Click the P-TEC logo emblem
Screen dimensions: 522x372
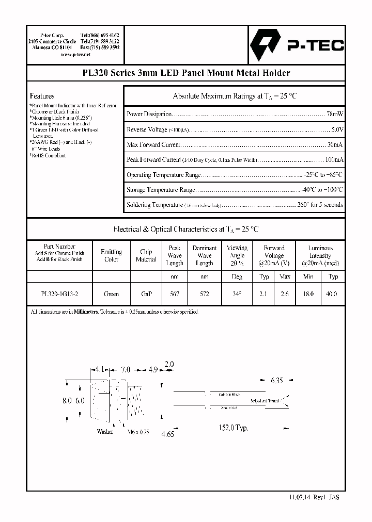[x=264, y=45]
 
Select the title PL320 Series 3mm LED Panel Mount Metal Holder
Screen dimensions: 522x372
[x=185, y=73]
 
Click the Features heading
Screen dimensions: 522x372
[x=42, y=96]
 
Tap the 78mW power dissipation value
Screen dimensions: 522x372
[x=335, y=113]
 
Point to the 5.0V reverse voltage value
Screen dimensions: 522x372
[x=337, y=129]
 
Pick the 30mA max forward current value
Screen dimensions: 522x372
[x=335, y=144]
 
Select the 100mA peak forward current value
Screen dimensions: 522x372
[x=333, y=159]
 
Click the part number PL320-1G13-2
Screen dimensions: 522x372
[x=59, y=293]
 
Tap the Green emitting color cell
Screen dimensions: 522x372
[x=111, y=293]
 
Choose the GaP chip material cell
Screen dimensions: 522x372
[x=146, y=293]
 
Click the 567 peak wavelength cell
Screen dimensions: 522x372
[x=175, y=293]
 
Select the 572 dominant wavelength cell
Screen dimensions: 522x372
[x=205, y=293]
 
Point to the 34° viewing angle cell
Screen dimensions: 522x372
[x=237, y=293]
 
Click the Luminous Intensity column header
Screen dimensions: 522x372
[x=320, y=255]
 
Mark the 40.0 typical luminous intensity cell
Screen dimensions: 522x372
[x=332, y=293]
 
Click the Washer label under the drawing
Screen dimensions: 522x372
[x=105, y=432]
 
